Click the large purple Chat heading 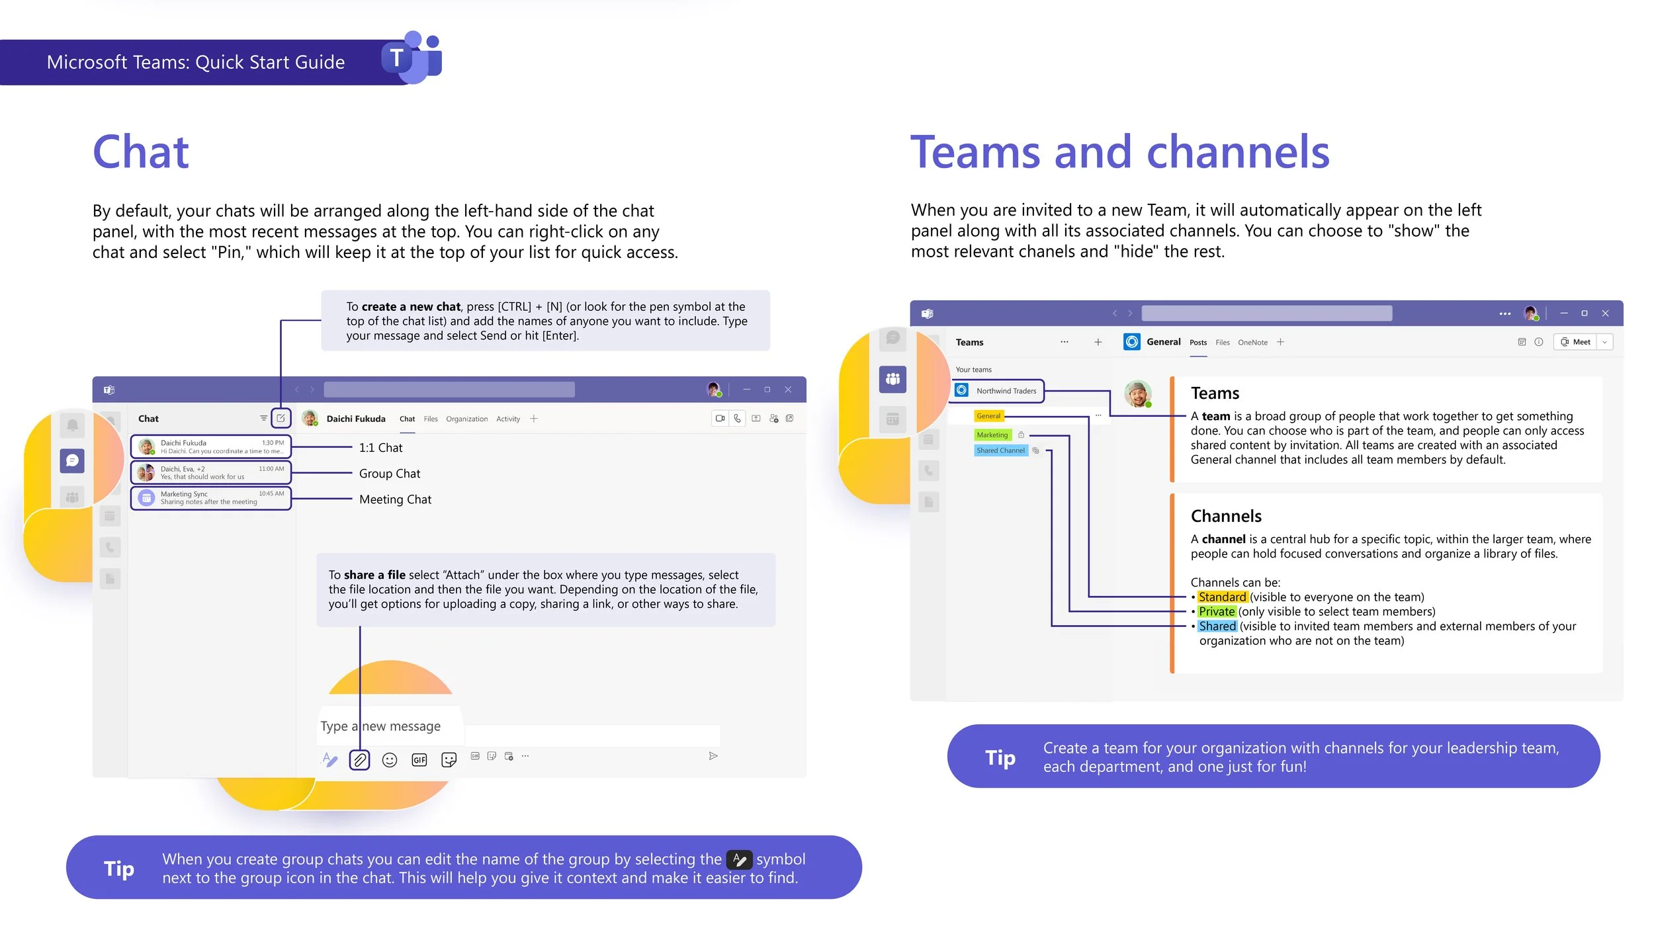pos(141,152)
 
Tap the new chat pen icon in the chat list pos(281,418)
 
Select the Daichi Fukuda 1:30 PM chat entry pos(211,447)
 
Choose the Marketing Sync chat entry pos(211,498)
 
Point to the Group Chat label pos(389,474)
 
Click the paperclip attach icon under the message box pos(359,760)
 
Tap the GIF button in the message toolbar pos(419,760)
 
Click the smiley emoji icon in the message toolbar pos(390,760)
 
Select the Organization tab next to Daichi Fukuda pos(466,419)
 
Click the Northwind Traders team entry pos(998,391)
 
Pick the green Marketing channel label pos(992,435)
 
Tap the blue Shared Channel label pos(1000,450)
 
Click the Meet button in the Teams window pos(1576,342)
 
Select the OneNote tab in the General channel pos(1252,343)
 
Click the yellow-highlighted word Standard pos(1222,597)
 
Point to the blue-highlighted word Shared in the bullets pos(1217,626)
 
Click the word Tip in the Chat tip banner pos(119,868)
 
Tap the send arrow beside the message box pos(713,756)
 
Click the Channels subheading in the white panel pos(1226,516)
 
